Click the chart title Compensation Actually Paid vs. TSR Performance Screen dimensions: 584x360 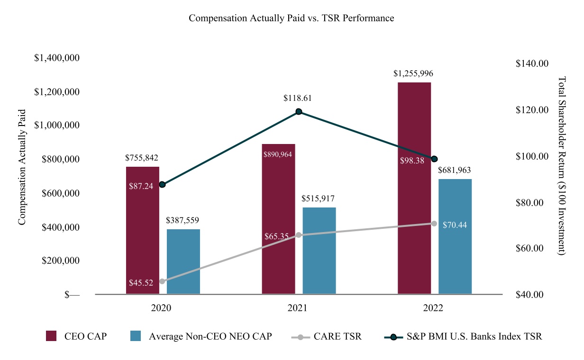pos(291,18)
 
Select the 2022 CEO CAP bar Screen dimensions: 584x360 pos(414,188)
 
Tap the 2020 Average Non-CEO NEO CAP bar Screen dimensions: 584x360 pos(183,261)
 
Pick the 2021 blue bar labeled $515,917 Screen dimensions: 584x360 pos(319,251)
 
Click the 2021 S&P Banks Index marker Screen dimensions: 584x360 pos(299,112)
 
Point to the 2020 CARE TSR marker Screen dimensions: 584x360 pos(162,281)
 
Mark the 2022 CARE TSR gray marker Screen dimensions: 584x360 pos(434,224)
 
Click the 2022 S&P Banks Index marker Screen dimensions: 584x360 pos(434,159)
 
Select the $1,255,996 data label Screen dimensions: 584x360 pos(413,74)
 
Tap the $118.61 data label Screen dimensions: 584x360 pos(298,98)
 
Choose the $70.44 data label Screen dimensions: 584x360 pos(455,225)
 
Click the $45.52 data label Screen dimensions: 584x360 pos(141,283)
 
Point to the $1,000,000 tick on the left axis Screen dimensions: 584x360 pos(57,126)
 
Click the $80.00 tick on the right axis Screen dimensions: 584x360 pos(529,203)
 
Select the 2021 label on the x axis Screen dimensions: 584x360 pos(297,308)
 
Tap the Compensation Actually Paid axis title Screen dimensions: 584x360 pos(22,167)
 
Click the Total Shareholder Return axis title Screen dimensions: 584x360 pos(562,166)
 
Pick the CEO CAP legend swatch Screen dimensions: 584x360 pos(51,336)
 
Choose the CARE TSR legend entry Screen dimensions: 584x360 pos(327,337)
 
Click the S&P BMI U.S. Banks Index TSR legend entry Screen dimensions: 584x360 pos(463,337)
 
